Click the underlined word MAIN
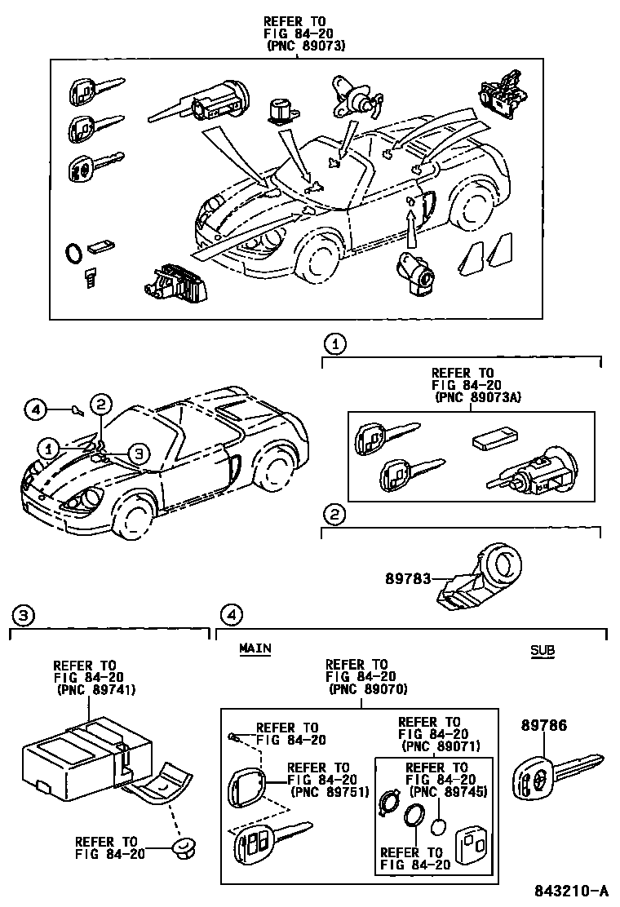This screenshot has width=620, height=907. pos(255,648)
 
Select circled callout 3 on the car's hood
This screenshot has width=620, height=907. pos(138,453)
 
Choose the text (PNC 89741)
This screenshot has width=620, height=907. pos(96,689)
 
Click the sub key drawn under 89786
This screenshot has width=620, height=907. pos(558,773)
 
